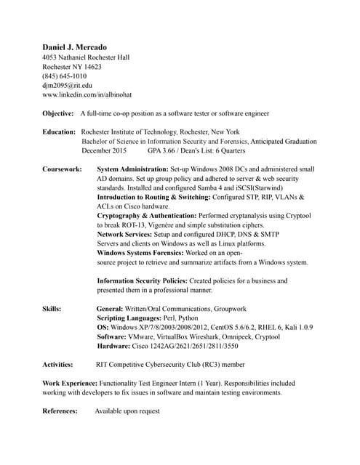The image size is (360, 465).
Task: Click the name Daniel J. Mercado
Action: (74, 46)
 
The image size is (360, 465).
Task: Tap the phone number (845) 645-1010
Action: (65, 76)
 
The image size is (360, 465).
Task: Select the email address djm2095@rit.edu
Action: (68, 85)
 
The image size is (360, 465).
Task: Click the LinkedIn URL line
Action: (87, 94)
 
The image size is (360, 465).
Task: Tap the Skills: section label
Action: (52, 308)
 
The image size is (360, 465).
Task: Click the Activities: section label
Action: (58, 364)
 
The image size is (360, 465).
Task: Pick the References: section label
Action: (60, 411)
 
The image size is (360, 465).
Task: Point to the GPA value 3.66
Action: (172, 150)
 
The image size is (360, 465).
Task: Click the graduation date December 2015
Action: (104, 150)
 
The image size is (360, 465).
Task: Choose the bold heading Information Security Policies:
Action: (142, 280)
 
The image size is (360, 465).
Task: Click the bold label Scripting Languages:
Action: (129, 318)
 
